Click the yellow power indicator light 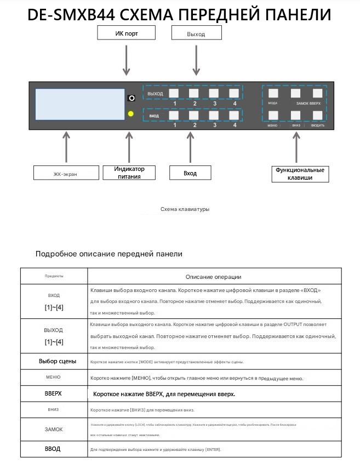131,114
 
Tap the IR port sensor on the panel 131,98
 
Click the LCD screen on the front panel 80,104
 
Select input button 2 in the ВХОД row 194,115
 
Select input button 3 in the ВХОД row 214,115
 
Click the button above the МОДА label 273,93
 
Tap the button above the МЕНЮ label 273,115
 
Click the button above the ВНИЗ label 295,115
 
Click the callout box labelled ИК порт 126,33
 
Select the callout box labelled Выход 196,34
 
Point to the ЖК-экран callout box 66,174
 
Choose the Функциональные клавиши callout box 299,174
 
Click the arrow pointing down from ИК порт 127,60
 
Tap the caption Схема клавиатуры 185,209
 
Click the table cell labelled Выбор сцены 54,362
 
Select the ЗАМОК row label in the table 54,430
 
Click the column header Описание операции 213,277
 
